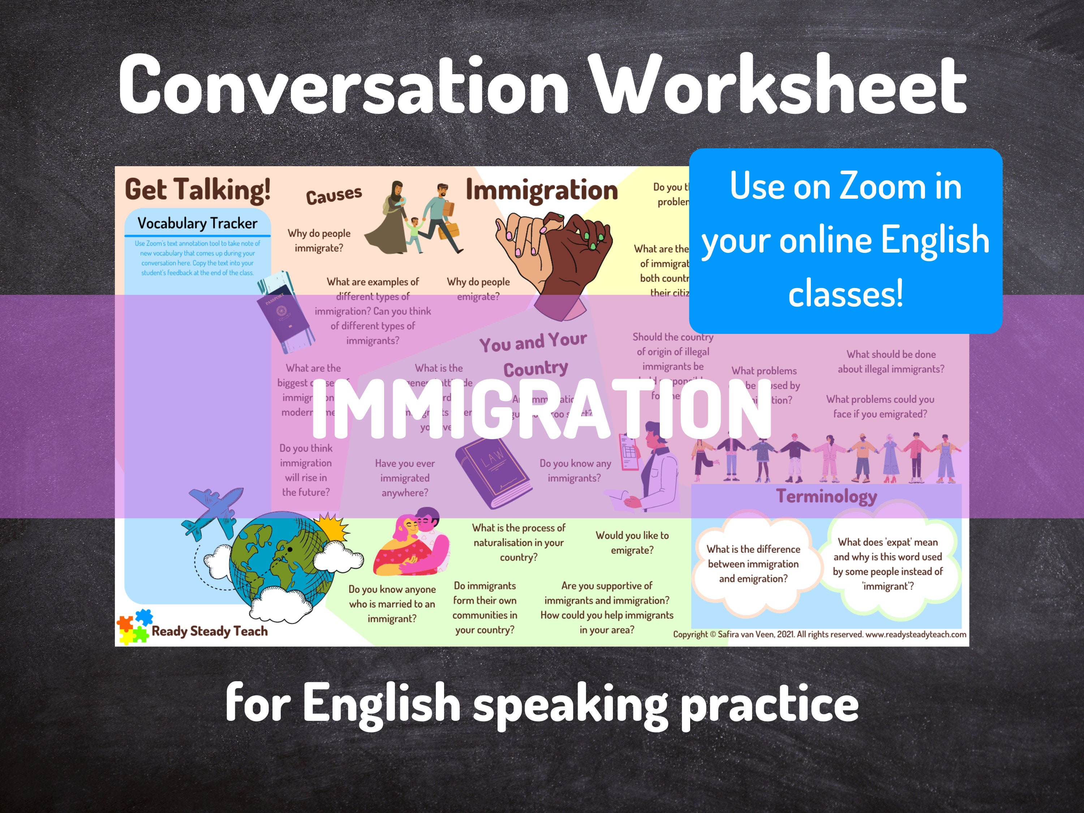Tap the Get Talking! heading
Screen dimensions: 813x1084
tap(198, 190)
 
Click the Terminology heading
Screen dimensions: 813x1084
tap(826, 496)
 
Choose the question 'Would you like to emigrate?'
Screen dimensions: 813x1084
tap(632, 542)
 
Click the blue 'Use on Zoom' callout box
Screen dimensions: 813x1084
tap(846, 240)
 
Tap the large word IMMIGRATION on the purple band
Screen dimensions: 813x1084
tap(542, 409)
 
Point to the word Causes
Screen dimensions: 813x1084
tap(334, 195)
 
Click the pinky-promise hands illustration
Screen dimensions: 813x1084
tap(554, 255)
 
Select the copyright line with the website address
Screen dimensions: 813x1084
tap(820, 634)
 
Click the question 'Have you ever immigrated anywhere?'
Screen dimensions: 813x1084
tap(405, 478)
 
